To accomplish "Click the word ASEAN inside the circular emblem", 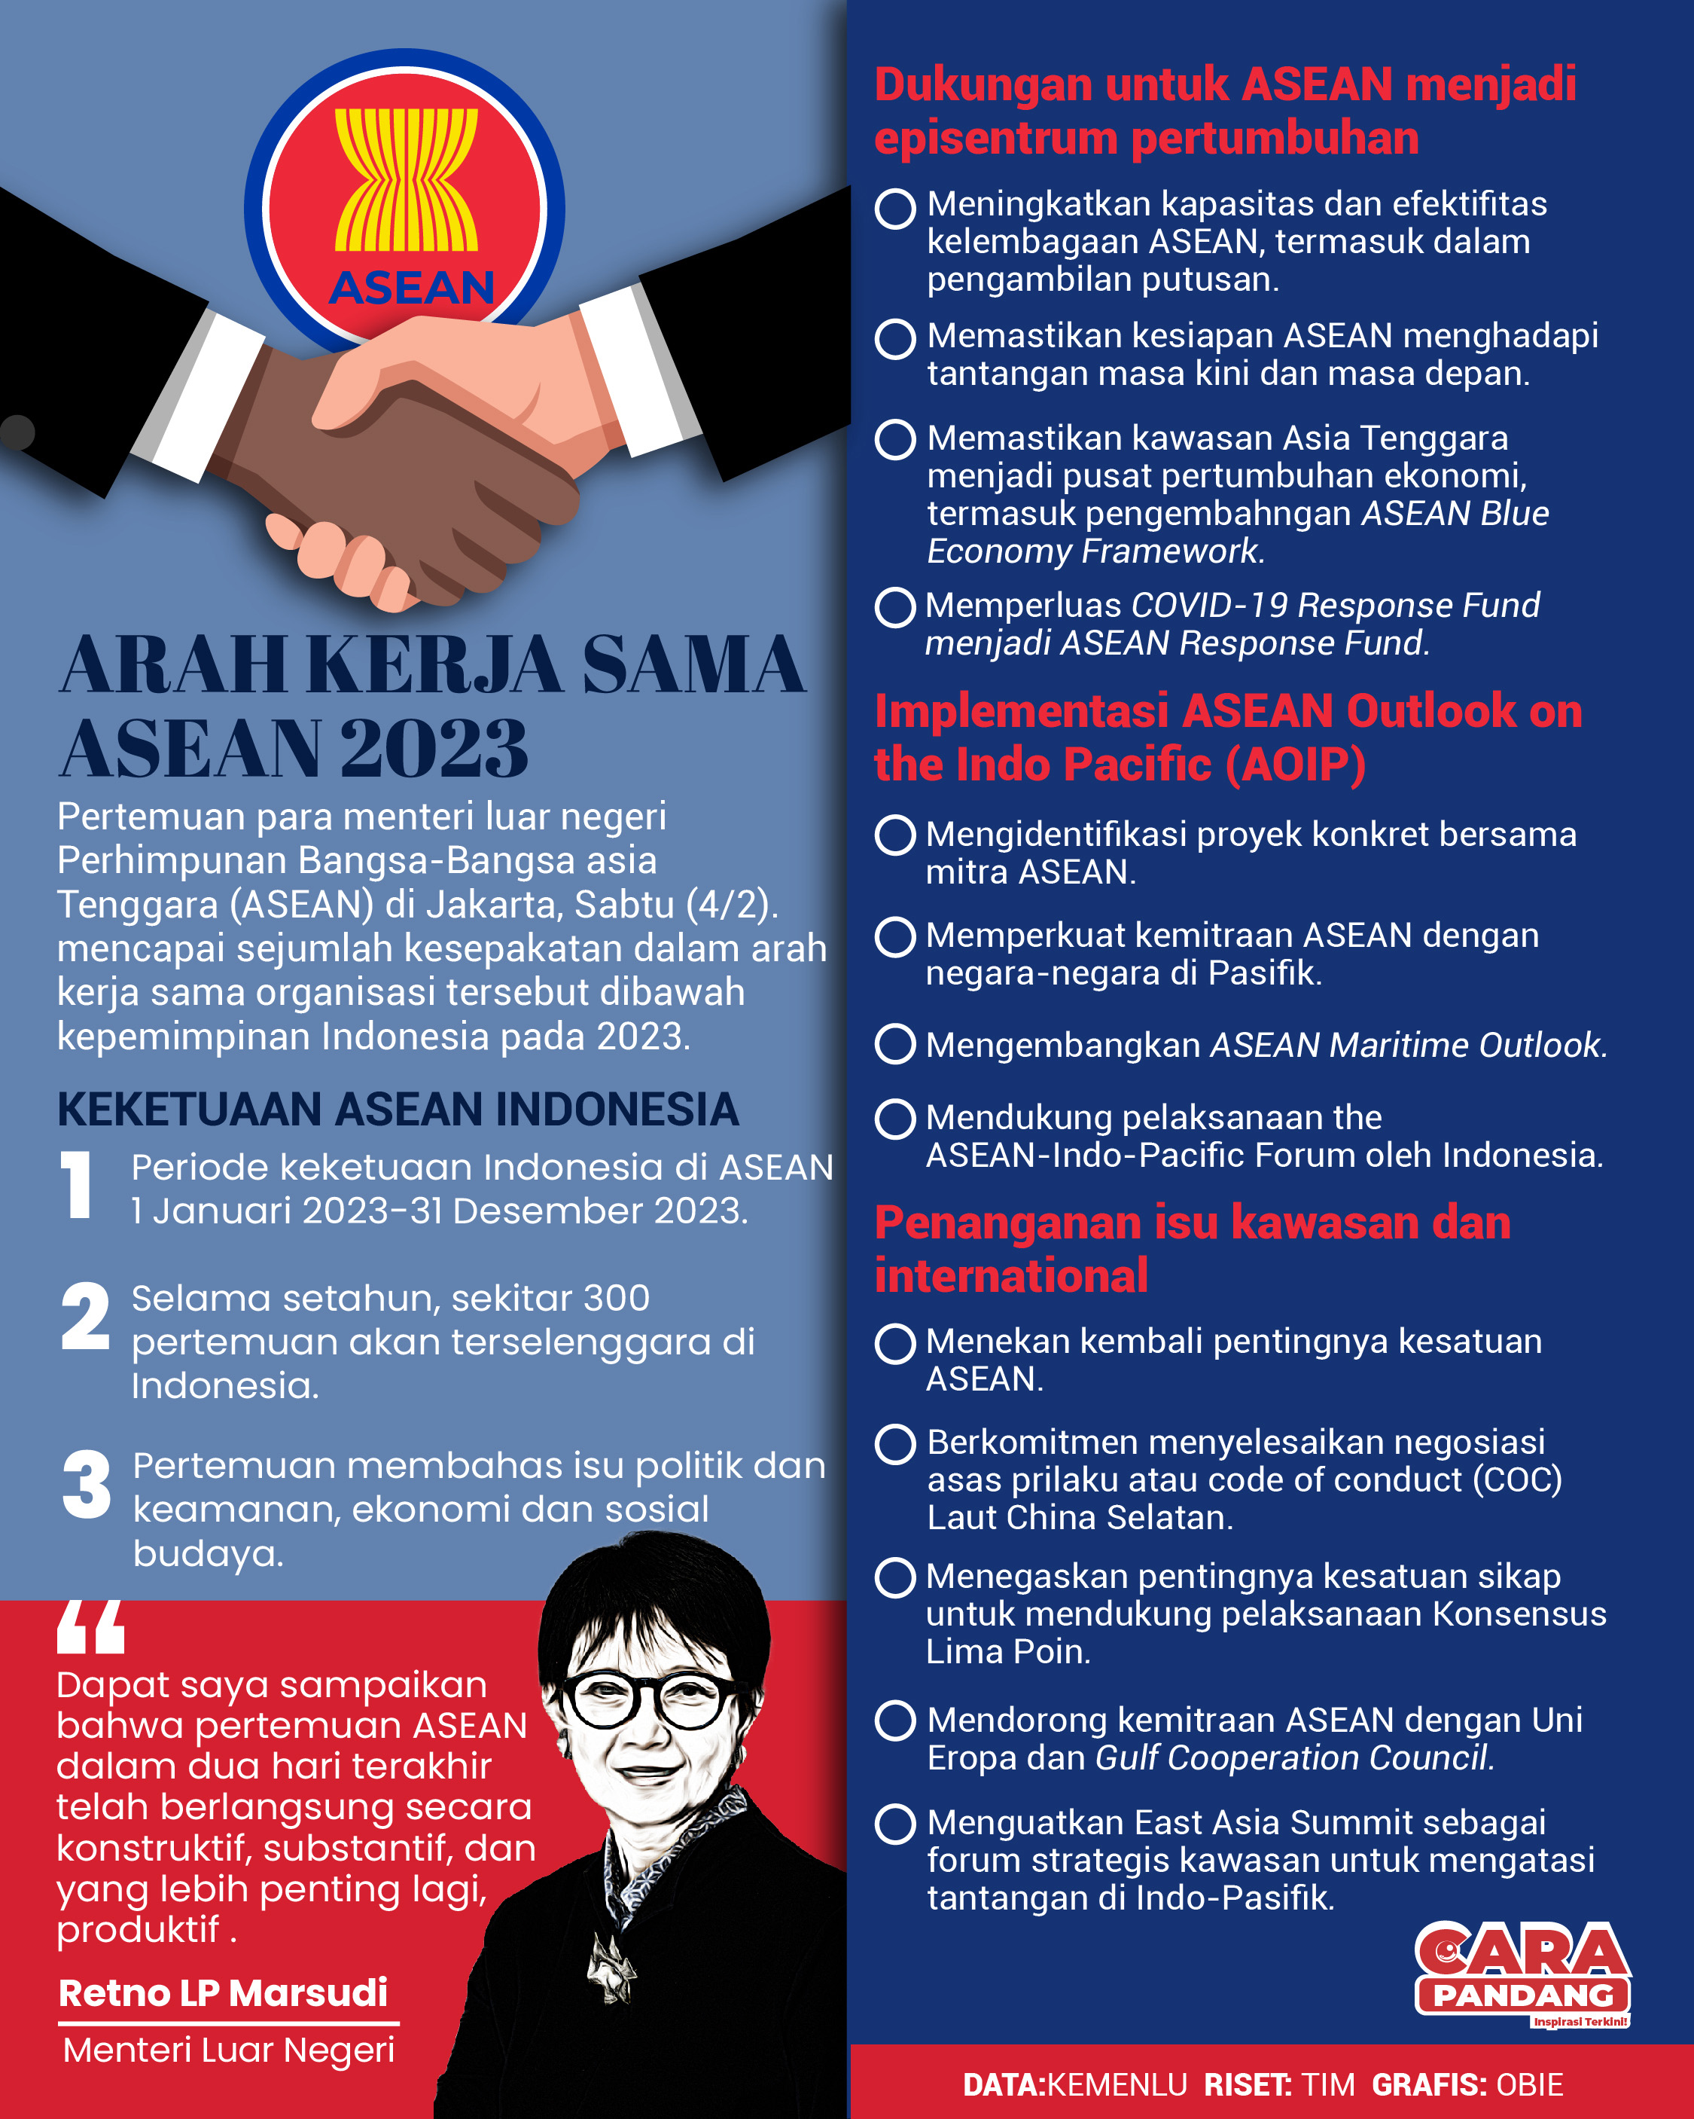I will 412,288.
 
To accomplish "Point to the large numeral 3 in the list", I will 87,1484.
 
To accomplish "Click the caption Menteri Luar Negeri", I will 229,2050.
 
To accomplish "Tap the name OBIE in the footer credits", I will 1529,2084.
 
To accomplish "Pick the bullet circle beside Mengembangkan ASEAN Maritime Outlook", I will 895,1044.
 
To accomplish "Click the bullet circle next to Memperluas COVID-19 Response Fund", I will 895,606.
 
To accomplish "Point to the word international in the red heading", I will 1011,1276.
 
